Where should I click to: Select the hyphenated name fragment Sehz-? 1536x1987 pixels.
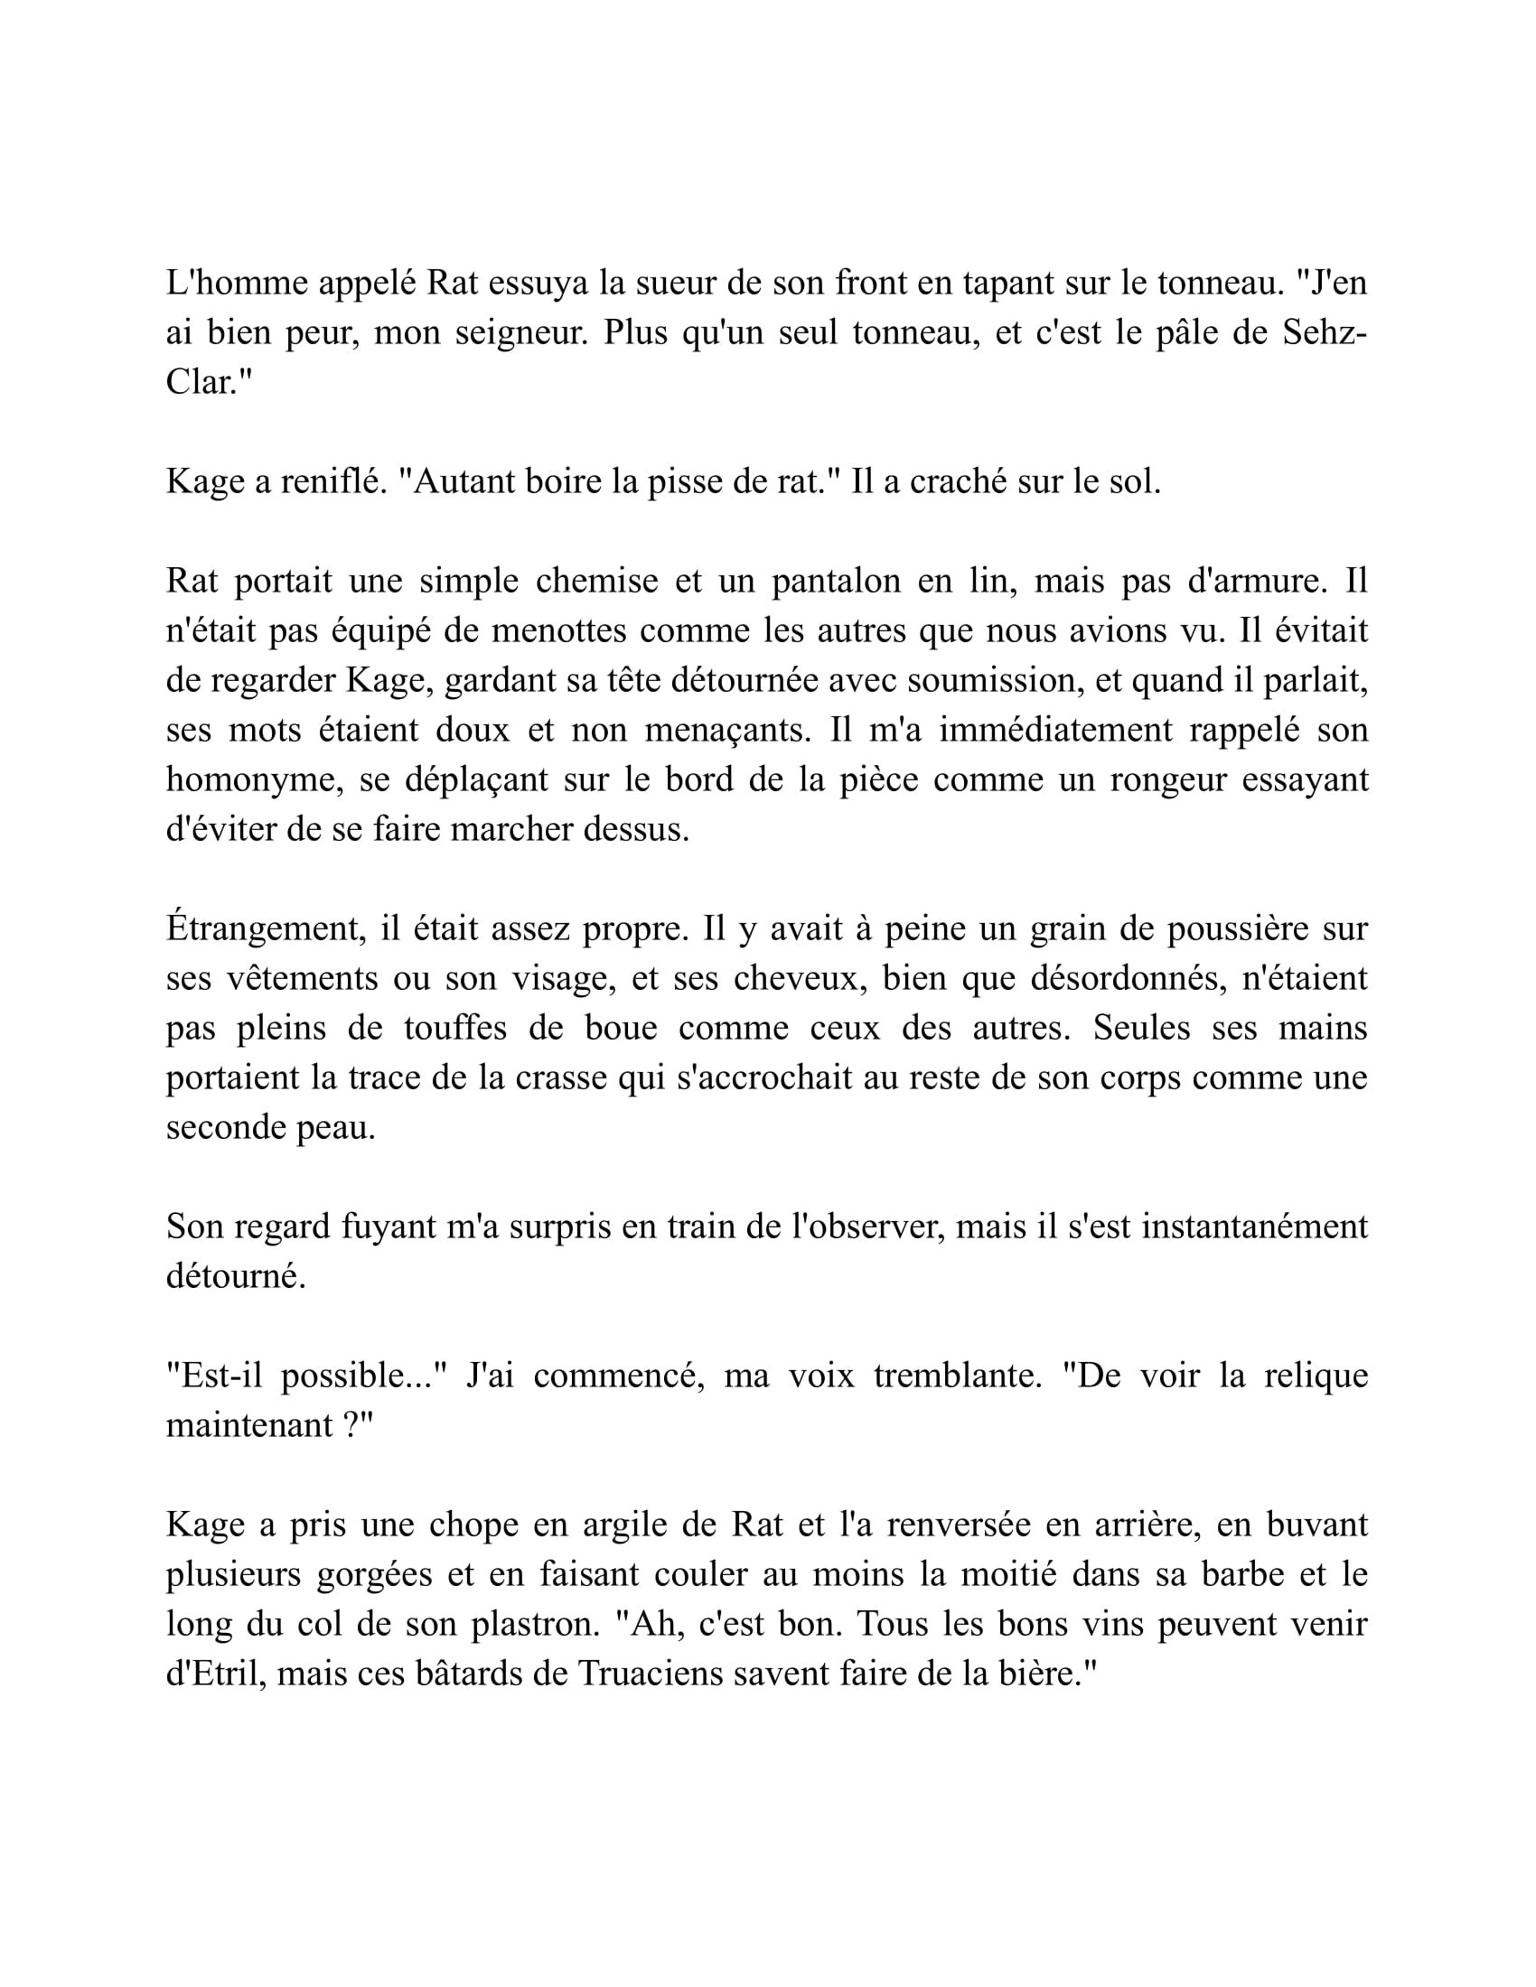(x=1325, y=333)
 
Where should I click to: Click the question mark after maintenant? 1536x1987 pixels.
(x=354, y=1424)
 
